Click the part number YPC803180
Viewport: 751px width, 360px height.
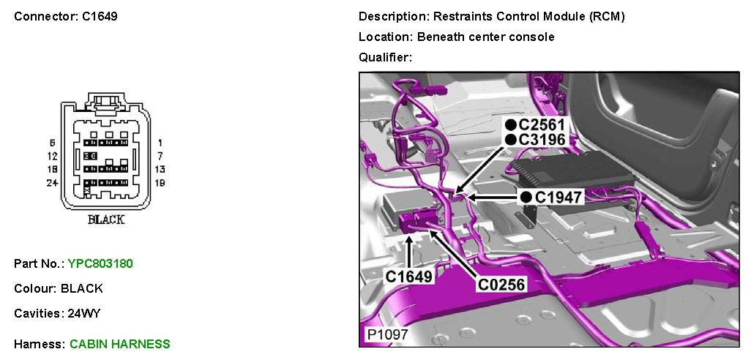tap(100, 263)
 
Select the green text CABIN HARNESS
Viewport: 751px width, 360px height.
tap(120, 344)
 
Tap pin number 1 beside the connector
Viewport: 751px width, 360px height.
tap(160, 143)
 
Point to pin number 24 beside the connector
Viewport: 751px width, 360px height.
tap(52, 183)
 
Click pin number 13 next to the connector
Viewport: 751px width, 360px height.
tap(160, 169)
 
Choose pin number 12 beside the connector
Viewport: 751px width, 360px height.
tap(52, 156)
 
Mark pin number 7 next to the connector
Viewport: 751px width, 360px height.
tap(160, 156)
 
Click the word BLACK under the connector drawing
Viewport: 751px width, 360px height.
tap(106, 220)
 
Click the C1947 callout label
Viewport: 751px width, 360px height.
tap(558, 197)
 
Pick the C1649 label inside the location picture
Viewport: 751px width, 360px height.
tap(409, 277)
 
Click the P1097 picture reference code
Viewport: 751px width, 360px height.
tap(387, 335)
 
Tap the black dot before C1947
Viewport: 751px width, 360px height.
tap(526, 197)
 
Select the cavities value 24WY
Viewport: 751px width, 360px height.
tap(83, 313)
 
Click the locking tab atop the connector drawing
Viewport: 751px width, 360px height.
tap(107, 100)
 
